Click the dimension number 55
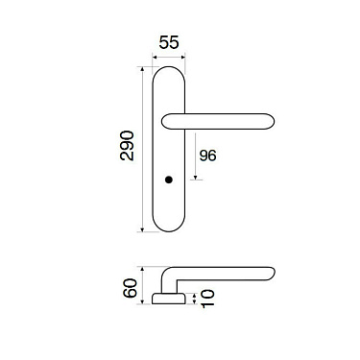pyautogui.click(x=169, y=44)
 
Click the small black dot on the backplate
pyautogui.click(x=170, y=180)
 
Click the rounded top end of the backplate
pyautogui.click(x=170, y=69)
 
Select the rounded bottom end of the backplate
pyautogui.click(x=170, y=227)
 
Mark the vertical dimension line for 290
pyautogui.click(x=143, y=149)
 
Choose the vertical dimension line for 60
pyautogui.click(x=142, y=285)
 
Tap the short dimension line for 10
pyautogui.click(x=197, y=300)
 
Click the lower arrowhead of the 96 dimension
pyautogui.click(x=196, y=178)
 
